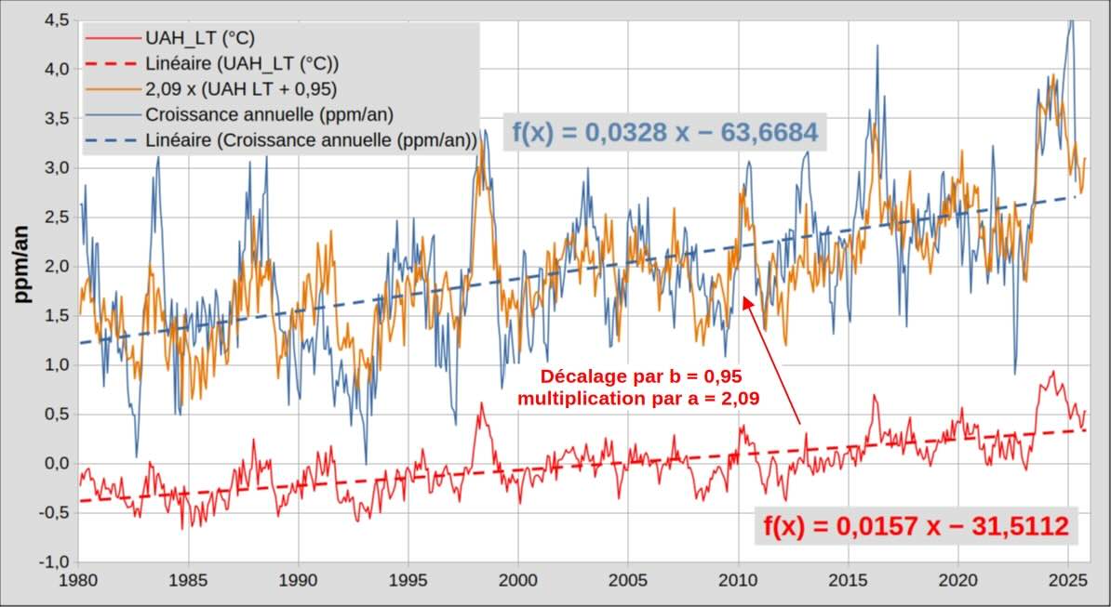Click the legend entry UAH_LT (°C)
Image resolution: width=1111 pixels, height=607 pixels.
[x=199, y=39]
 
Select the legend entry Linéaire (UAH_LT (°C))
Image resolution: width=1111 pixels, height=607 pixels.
[x=241, y=64]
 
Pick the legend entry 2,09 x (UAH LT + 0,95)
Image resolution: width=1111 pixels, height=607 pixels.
[x=240, y=90]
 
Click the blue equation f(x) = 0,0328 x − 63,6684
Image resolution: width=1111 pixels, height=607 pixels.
[x=664, y=133]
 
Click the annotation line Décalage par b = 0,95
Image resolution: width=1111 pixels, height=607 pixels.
[x=640, y=377]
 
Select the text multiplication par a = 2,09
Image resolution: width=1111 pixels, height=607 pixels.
[x=638, y=400]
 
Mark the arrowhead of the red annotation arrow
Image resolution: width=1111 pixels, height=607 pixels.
[x=745, y=297]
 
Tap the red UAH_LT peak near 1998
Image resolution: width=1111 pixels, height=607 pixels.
[x=481, y=404]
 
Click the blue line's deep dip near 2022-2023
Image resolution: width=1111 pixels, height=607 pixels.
[x=1015, y=373]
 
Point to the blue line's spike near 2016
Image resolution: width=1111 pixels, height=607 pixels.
[x=876, y=46]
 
